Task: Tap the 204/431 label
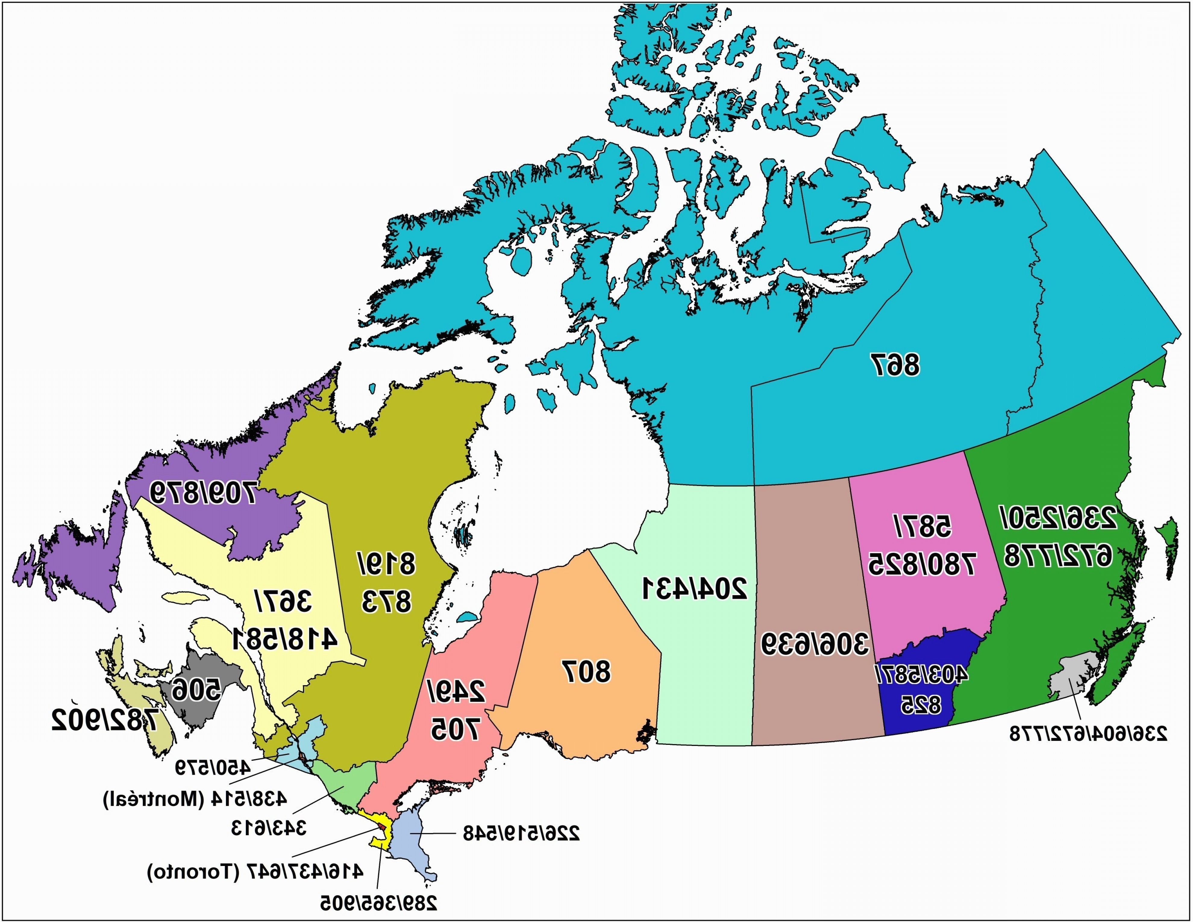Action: [694, 588]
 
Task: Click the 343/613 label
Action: [269, 829]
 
